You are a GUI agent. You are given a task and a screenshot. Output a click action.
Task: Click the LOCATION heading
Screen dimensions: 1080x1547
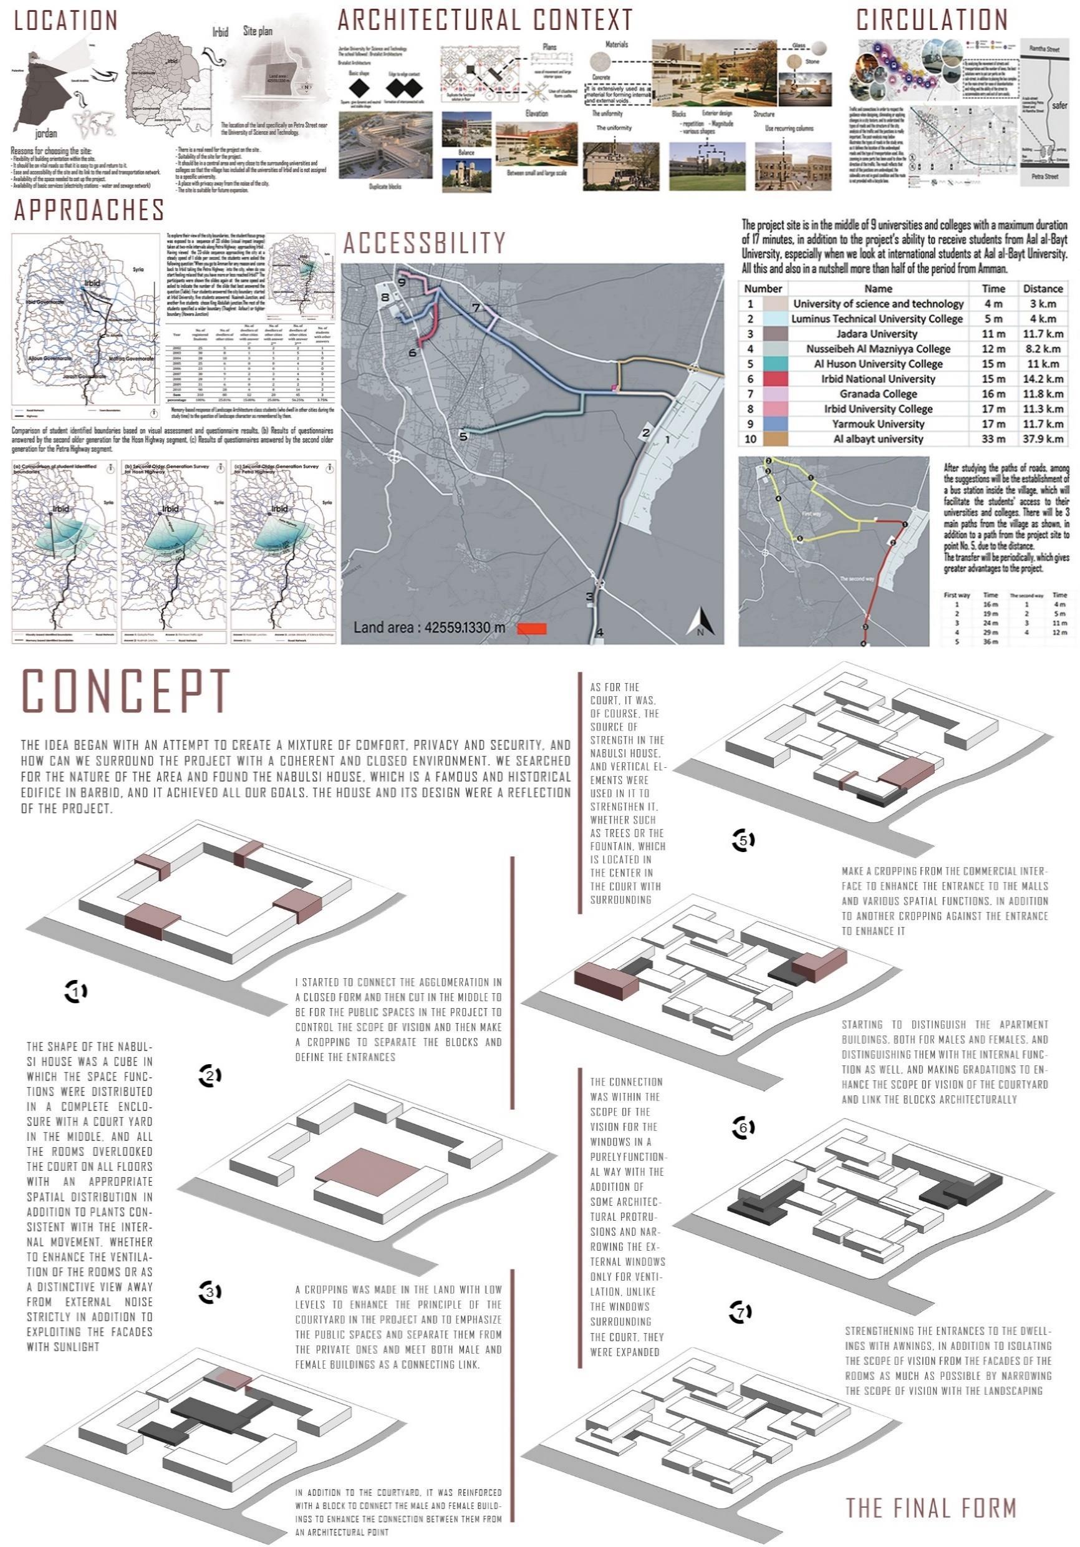66,21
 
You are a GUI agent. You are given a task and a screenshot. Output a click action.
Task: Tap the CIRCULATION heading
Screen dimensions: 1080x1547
932,20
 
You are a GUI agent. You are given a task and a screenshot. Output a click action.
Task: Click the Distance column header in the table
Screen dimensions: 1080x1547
1042,288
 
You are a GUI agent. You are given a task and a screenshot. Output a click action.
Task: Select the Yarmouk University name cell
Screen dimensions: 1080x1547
877,424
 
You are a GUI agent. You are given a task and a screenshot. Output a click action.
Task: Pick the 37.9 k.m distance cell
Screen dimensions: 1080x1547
1042,439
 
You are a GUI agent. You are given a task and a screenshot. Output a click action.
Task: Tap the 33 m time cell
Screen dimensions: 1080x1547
993,439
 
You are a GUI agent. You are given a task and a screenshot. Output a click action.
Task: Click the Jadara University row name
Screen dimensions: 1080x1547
877,334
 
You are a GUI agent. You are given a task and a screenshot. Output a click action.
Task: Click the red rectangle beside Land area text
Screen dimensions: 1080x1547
531,629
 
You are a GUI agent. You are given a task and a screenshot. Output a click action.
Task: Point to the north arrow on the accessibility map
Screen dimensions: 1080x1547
700,621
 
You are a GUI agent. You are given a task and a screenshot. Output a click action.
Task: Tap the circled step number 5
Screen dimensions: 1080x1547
743,840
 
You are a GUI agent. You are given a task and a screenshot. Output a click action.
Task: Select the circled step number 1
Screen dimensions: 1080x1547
76,991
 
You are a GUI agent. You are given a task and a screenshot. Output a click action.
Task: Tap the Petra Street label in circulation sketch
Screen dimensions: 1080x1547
1045,177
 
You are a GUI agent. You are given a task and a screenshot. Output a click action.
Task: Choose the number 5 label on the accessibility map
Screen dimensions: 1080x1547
463,437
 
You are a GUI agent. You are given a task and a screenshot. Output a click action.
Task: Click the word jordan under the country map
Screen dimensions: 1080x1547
46,133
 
